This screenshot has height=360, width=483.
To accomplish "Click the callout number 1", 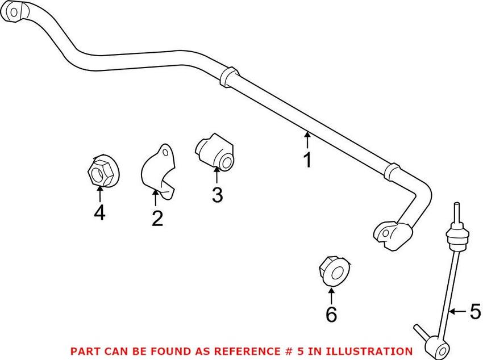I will [x=307, y=161].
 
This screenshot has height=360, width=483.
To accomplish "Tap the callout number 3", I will [x=217, y=195].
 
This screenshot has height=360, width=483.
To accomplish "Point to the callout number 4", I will [x=99, y=214].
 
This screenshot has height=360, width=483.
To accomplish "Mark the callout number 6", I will [x=331, y=313].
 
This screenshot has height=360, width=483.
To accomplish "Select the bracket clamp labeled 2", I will [x=157, y=170].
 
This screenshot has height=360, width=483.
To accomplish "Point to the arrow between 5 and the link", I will [x=458, y=311].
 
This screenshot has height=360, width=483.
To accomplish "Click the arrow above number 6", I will [x=331, y=295].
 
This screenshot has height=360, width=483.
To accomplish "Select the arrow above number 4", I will [x=99, y=194].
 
